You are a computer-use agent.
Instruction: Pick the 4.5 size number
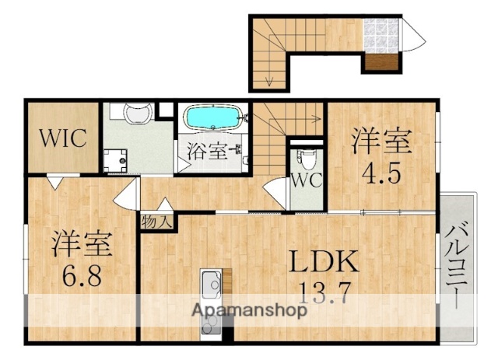[x=381, y=172]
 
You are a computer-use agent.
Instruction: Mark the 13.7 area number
[x=326, y=294]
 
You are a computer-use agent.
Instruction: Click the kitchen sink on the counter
[x=212, y=283]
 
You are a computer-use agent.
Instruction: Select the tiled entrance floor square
[x=381, y=35]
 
